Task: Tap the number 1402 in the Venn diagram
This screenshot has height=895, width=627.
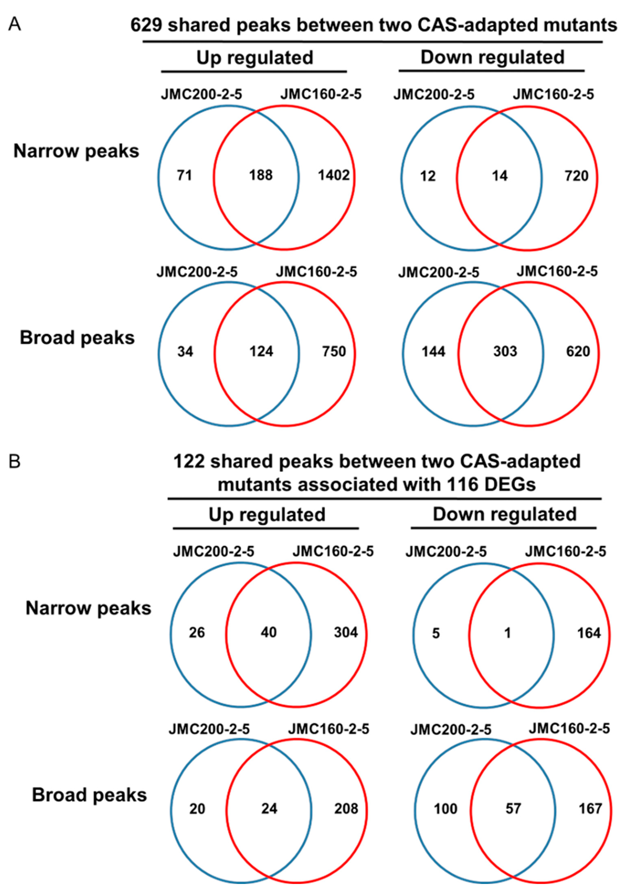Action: [x=334, y=175]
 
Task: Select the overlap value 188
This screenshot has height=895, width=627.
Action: [x=261, y=175]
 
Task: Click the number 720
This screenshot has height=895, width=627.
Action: [x=577, y=176]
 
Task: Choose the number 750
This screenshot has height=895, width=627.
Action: [x=334, y=352]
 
